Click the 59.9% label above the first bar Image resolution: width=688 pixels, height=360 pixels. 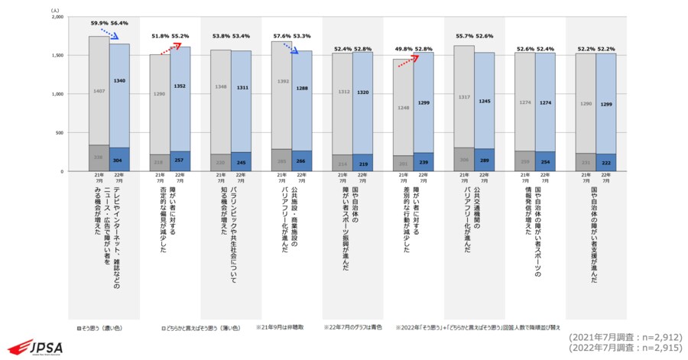100,24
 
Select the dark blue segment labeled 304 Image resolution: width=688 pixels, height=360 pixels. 119,161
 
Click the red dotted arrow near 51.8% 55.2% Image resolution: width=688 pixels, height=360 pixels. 170,49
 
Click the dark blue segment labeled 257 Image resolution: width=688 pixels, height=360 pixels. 180,162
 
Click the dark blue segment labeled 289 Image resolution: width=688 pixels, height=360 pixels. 484,161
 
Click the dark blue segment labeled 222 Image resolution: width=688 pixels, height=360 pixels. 605,163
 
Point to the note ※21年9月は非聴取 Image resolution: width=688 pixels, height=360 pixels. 282,327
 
